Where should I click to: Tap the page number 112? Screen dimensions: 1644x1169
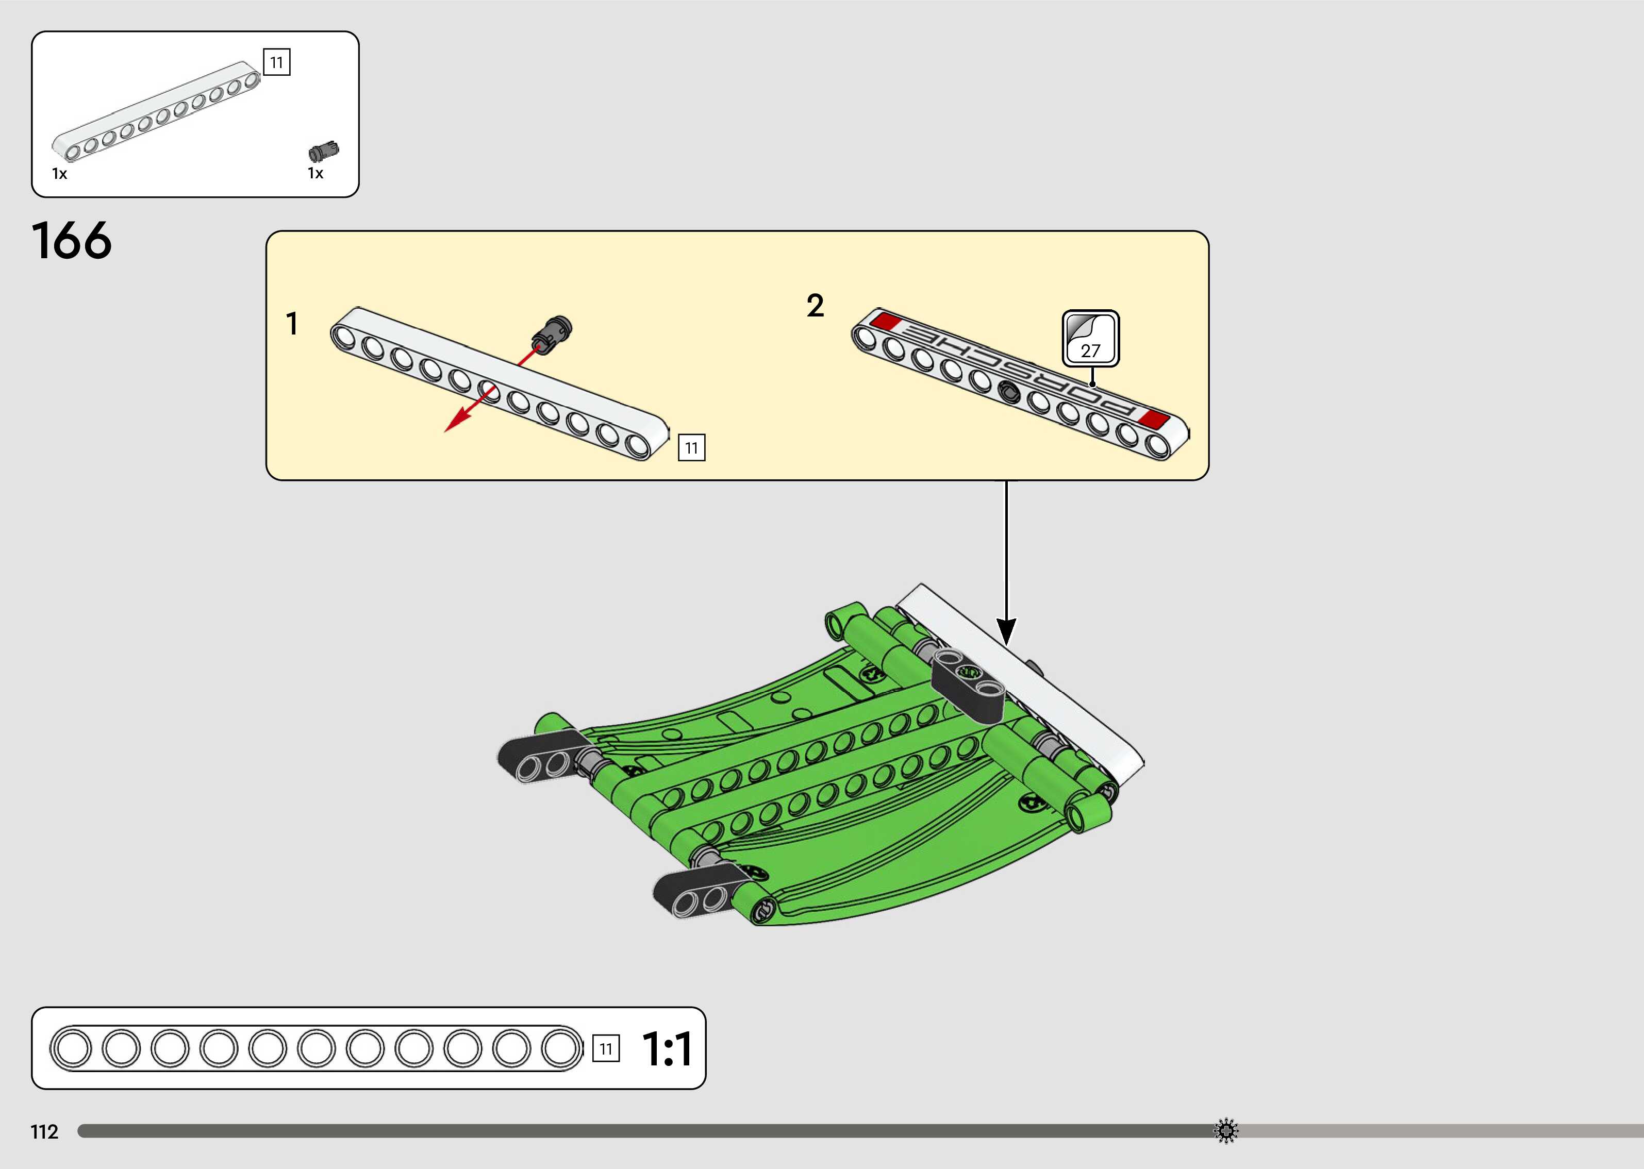(44, 1131)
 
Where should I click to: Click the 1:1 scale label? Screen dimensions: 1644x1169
(667, 1049)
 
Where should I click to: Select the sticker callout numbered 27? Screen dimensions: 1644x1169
(1090, 338)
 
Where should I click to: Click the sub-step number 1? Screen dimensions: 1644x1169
(291, 324)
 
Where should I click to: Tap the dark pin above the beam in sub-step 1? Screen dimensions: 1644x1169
(553, 332)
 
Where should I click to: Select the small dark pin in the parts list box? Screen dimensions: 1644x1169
(324, 151)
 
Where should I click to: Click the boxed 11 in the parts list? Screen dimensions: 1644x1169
(276, 63)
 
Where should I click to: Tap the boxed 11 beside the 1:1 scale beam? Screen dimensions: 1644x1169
(605, 1049)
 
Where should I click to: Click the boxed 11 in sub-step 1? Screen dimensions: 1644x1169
(691, 448)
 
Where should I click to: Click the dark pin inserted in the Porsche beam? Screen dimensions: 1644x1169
(1010, 392)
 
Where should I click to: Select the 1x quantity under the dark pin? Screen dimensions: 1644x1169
(315, 174)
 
